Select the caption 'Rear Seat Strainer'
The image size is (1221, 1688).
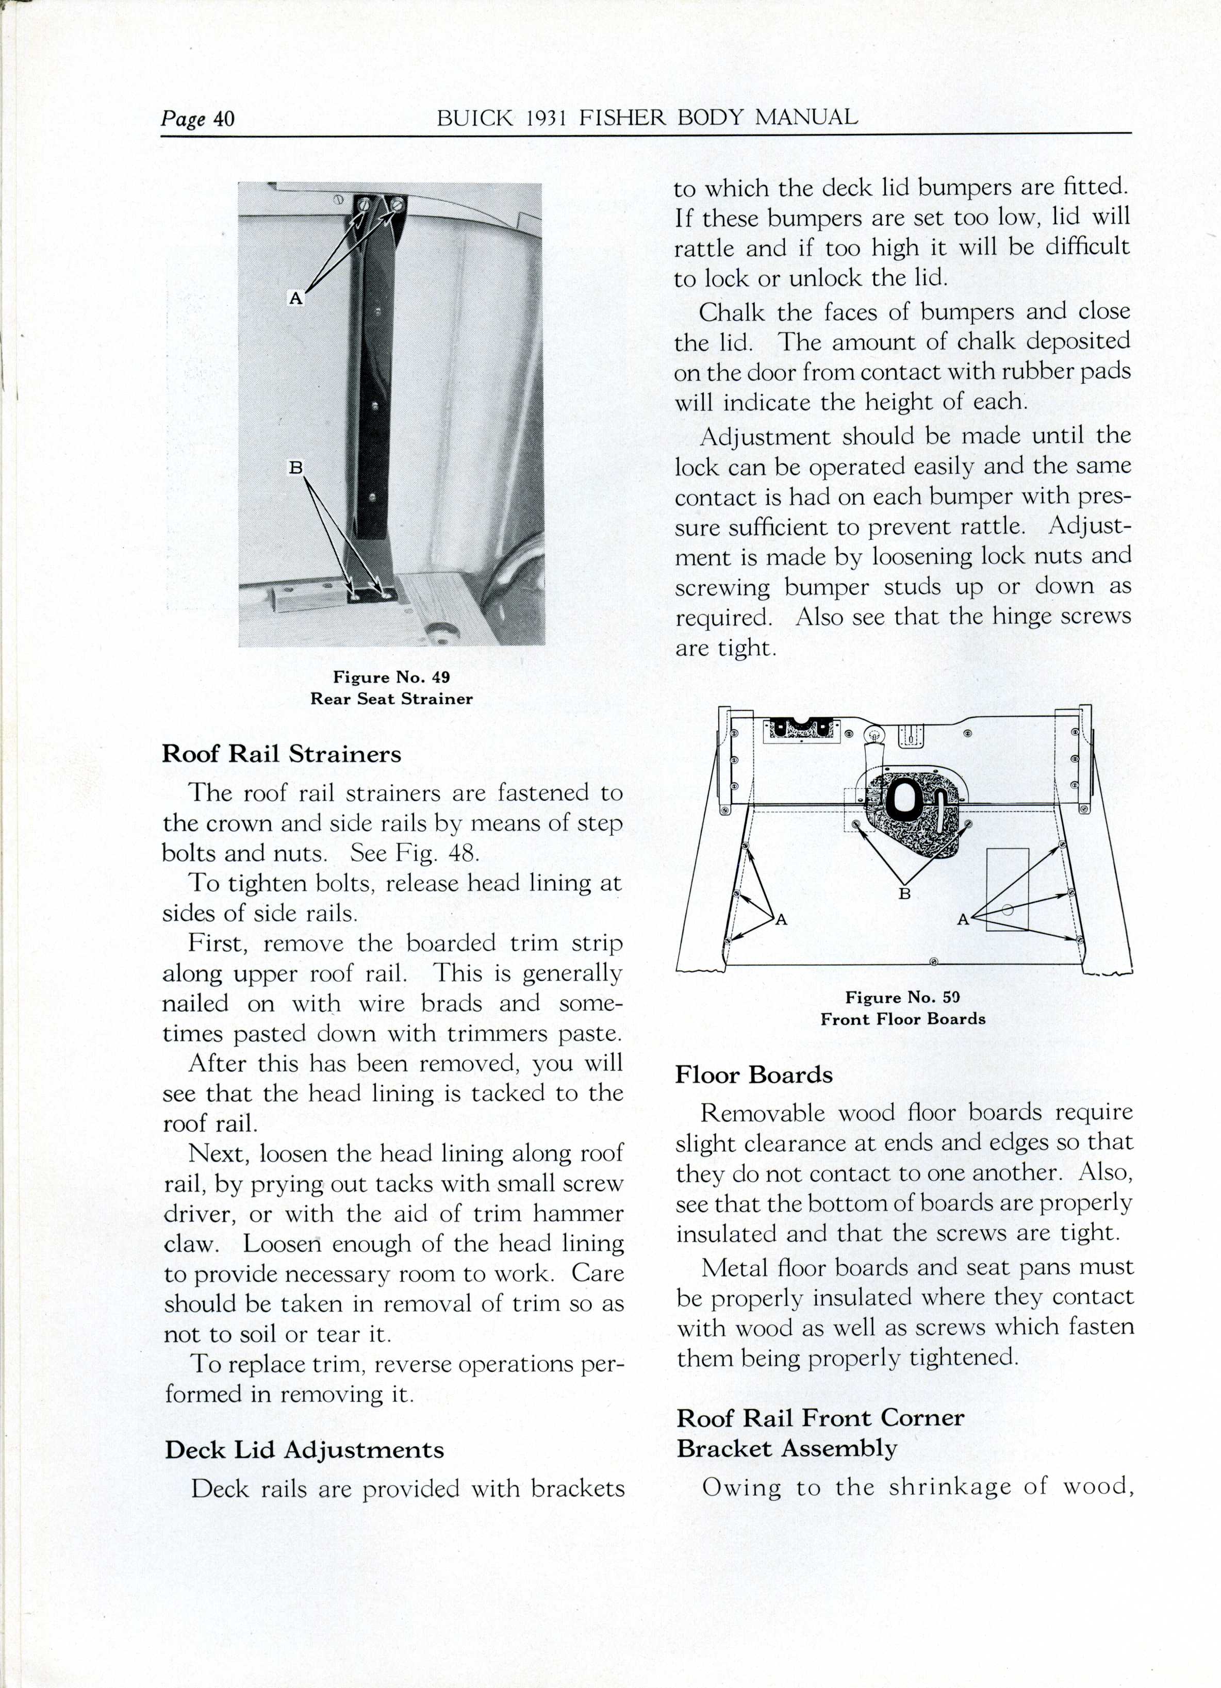[391, 699]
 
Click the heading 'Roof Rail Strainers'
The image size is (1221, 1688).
[282, 754]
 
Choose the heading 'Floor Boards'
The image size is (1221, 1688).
[753, 1075]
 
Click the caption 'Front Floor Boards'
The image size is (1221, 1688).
[903, 1019]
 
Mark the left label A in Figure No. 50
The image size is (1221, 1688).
[781, 920]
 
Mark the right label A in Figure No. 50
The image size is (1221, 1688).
[963, 920]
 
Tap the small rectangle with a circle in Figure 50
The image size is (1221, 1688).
[1008, 889]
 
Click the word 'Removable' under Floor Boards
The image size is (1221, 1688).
[761, 1114]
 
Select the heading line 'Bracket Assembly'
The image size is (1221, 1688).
[786, 1448]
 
